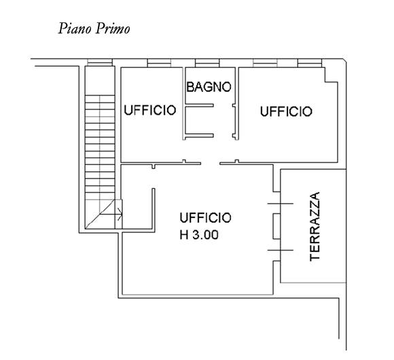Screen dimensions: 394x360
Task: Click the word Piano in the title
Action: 75,29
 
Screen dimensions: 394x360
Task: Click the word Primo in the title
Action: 112,29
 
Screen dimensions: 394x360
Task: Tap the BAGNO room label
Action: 209,87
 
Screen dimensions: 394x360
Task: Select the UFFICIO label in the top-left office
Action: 150,110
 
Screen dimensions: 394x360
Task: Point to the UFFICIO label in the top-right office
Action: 286,111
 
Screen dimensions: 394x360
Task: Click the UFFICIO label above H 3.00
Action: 205,218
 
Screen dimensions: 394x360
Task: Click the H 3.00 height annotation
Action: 199,235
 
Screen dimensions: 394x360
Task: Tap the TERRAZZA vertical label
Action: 315,227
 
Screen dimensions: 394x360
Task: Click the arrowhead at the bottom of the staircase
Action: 120,214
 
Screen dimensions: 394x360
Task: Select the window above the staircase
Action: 100,62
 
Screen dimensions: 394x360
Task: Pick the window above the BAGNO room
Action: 207,63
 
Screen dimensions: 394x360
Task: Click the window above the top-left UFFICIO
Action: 159,63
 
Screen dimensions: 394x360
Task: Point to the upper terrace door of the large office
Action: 281,203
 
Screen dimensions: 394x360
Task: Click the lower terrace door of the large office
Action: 281,250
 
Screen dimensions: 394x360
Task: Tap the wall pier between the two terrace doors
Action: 276,226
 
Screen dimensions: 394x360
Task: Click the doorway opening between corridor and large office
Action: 210,163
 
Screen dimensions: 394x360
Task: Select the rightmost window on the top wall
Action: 310,63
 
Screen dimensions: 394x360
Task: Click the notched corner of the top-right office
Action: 325,82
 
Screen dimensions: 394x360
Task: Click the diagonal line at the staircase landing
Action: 101,214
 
